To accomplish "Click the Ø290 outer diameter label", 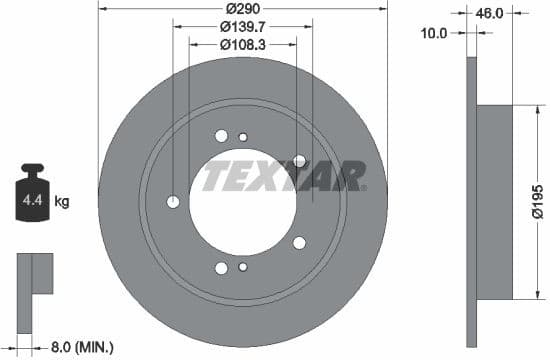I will [x=243, y=8].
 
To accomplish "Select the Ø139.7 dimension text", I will [x=243, y=26].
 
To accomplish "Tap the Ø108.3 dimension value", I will [x=243, y=44].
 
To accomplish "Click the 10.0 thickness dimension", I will [x=434, y=33].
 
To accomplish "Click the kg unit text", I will [x=62, y=202].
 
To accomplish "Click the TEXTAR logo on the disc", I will [x=284, y=178].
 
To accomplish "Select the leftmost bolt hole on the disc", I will [x=173, y=201].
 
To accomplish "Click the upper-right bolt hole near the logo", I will [x=299, y=160].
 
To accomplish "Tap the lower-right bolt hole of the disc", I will [x=299, y=242].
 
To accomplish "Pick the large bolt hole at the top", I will [x=221, y=137].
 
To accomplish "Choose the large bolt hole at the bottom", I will [x=221, y=266].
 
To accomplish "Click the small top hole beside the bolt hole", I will [x=243, y=137].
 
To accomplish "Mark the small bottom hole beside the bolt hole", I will [x=243, y=266].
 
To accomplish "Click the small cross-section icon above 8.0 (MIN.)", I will [x=32, y=276].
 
